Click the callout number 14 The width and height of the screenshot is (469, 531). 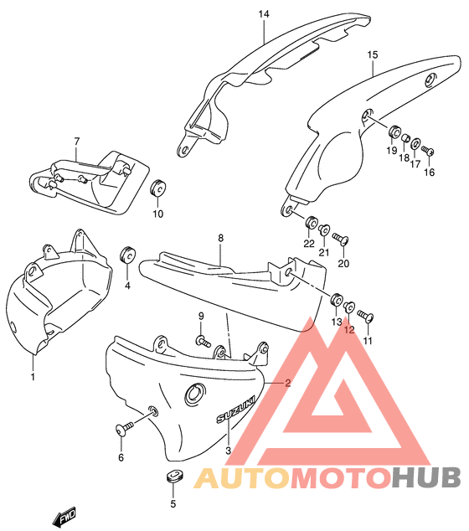click(x=264, y=14)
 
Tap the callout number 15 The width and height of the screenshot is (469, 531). click(x=372, y=55)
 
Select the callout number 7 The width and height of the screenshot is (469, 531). click(x=77, y=142)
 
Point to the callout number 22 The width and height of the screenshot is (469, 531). click(x=309, y=244)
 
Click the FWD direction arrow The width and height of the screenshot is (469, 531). click(x=64, y=517)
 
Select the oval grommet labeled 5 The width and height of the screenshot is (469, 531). click(x=175, y=475)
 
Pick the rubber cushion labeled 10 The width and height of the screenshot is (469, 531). click(x=157, y=188)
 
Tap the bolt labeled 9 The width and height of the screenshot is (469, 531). click(x=203, y=340)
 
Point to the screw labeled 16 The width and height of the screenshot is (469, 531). click(x=428, y=150)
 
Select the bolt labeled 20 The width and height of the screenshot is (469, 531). click(x=340, y=239)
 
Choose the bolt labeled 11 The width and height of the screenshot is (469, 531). click(x=365, y=316)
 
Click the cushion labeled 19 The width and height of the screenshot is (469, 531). click(x=394, y=132)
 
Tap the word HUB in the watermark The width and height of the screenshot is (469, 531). click(x=426, y=477)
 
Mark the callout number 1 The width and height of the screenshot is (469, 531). click(x=33, y=376)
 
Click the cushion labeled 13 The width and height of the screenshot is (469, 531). click(x=337, y=300)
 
